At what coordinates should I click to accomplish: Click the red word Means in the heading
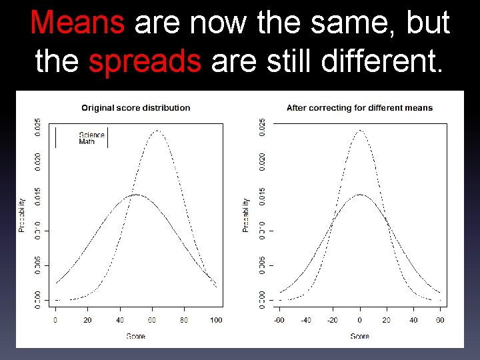[77, 23]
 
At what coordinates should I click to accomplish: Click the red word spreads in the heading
[145, 61]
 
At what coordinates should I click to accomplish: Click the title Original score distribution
[135, 107]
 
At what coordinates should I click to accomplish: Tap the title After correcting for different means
[359, 107]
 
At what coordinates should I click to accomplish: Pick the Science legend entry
[91, 135]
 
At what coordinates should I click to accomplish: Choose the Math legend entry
[87, 141]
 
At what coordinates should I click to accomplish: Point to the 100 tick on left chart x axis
[216, 321]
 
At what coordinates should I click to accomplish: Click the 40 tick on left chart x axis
[120, 321]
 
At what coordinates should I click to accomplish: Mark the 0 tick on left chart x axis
[55, 321]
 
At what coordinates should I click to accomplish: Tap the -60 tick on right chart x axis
[279, 321]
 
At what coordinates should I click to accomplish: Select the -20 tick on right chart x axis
[333, 321]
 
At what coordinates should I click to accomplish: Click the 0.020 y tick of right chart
[262, 161]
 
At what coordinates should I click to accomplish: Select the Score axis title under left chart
[135, 336]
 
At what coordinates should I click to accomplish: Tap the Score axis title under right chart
[360, 336]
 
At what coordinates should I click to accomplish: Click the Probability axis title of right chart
[247, 215]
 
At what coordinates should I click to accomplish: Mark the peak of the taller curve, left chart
[158, 131]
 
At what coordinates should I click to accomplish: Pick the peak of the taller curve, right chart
[360, 131]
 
